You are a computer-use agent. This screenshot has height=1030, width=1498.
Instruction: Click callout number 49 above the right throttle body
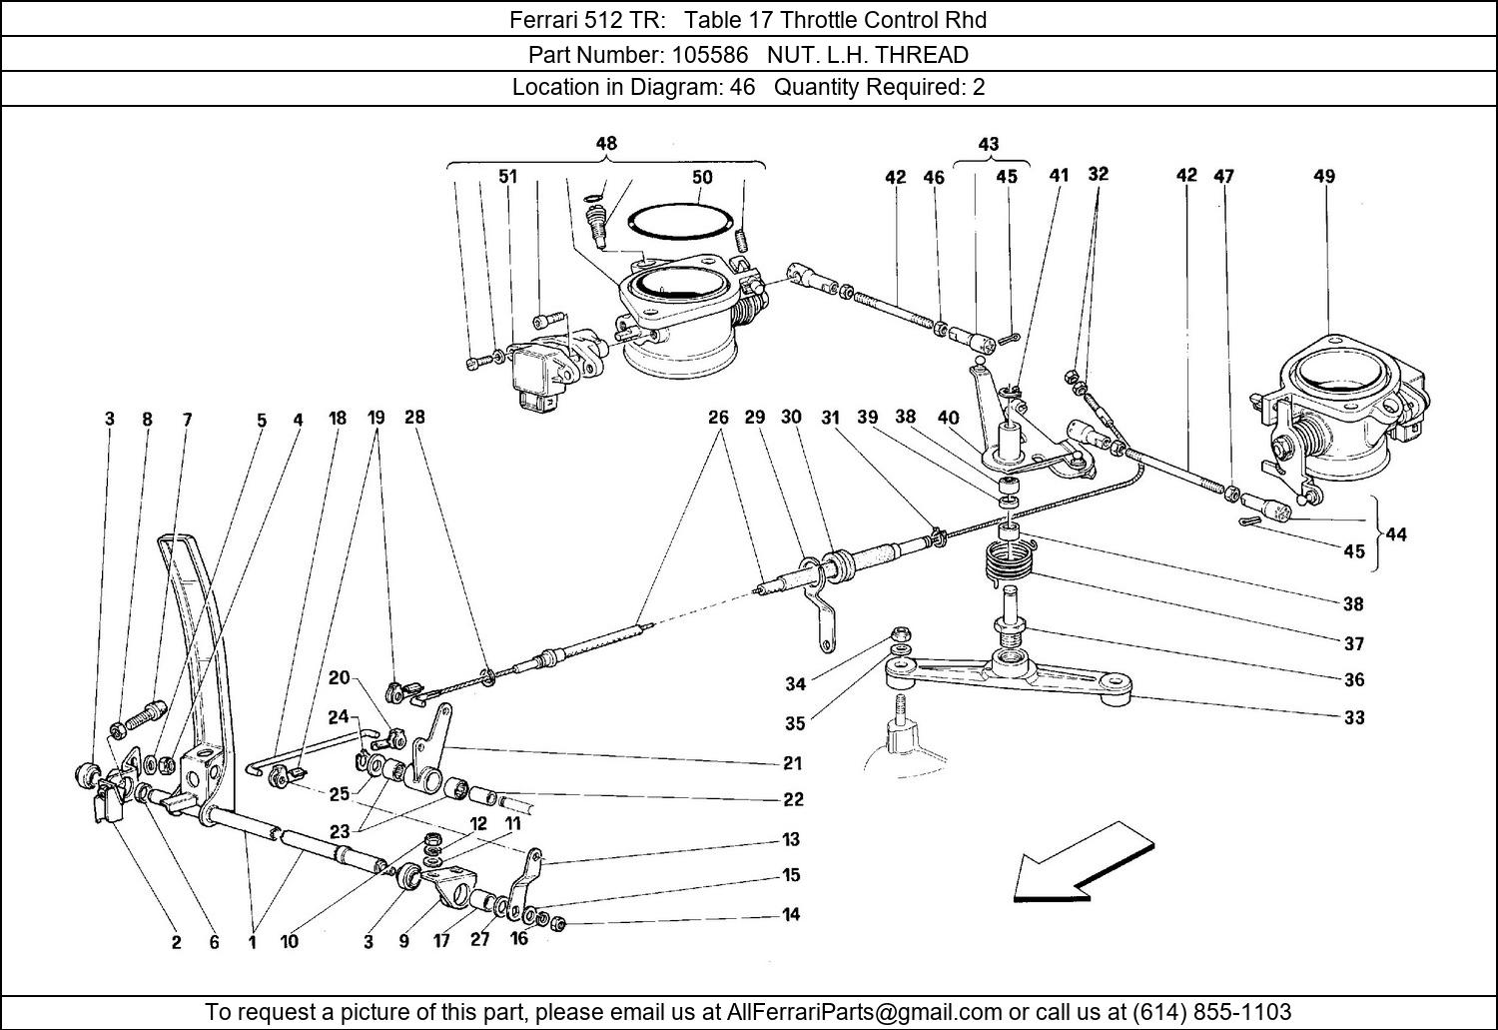(x=1324, y=177)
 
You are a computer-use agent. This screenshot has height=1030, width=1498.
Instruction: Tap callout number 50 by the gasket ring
(x=702, y=178)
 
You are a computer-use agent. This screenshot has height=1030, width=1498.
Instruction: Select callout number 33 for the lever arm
(x=1354, y=717)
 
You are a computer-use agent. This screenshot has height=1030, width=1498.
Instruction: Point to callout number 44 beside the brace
(x=1396, y=534)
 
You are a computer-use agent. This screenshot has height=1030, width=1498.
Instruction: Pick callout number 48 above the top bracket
(x=606, y=144)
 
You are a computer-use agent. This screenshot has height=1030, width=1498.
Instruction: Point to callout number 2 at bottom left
(x=177, y=941)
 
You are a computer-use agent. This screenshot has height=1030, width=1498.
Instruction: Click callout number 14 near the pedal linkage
(x=791, y=914)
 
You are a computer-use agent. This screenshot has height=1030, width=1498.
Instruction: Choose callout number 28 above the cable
(x=414, y=418)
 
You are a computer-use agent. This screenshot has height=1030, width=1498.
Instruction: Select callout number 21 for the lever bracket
(x=792, y=763)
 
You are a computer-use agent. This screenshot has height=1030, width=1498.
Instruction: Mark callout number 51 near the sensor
(x=508, y=178)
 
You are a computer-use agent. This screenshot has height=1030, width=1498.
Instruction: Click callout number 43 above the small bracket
(x=988, y=144)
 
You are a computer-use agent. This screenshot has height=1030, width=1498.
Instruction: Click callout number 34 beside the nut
(x=795, y=684)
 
